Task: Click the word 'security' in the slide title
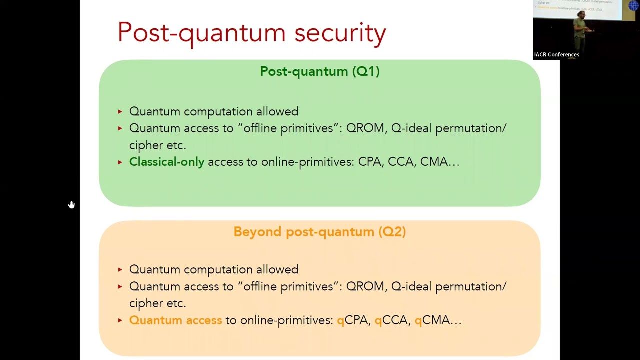(340, 33)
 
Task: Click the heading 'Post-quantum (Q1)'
(319, 71)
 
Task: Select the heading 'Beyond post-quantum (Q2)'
(319, 232)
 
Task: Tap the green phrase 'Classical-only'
(167, 162)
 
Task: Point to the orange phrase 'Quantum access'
(175, 320)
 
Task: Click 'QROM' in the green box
(365, 128)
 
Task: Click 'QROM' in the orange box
(365, 286)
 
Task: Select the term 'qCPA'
(353, 320)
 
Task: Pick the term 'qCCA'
(391, 320)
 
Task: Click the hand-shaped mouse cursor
(71, 205)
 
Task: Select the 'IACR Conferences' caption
(556, 55)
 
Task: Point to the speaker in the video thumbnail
(582, 30)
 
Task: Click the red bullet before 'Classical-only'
(120, 162)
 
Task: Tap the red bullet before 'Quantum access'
(120, 320)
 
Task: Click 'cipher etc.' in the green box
(157, 145)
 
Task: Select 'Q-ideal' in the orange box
(411, 286)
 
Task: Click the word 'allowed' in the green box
(277, 111)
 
